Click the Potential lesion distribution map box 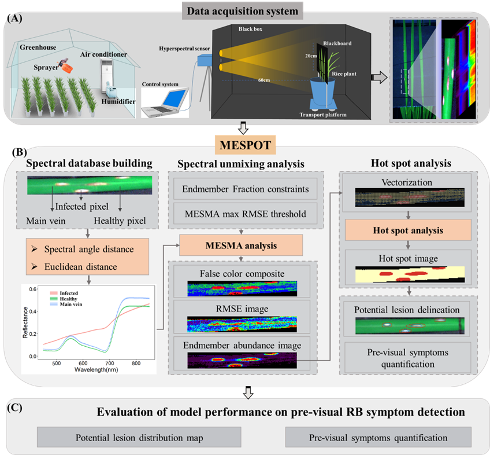coord(139,438)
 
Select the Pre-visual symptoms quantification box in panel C coord(378,438)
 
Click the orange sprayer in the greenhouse coord(67,67)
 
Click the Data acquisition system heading coord(244,10)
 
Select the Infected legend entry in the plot coord(68,293)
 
